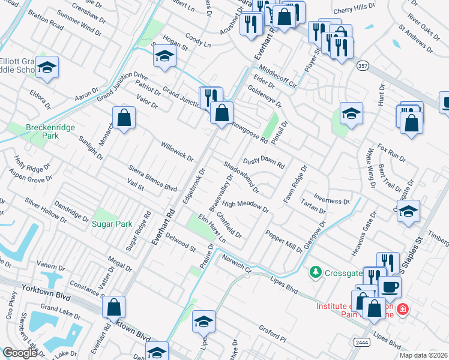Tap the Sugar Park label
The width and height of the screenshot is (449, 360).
point(112,224)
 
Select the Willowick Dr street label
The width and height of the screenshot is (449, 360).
point(176,152)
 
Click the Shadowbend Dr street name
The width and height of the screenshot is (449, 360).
point(241,177)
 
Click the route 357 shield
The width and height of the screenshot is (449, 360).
point(362,65)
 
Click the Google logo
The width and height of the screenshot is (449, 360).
point(20,353)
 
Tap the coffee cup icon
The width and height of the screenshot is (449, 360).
point(390,287)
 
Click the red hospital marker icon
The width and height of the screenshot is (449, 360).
point(403,310)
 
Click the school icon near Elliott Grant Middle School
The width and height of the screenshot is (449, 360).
point(47,67)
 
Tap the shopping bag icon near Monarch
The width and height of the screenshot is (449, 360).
point(124,118)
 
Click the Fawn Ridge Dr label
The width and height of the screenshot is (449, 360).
point(295,184)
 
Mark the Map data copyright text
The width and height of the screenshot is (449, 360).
point(423,355)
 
